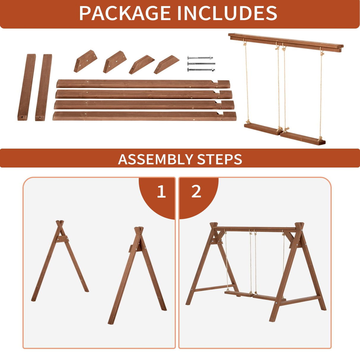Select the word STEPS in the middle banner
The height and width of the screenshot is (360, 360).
click(219, 159)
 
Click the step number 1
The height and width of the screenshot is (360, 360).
click(161, 192)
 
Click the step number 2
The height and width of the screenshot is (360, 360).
click(196, 192)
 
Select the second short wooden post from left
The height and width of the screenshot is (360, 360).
click(44, 87)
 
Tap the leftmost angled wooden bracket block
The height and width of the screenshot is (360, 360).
click(85, 61)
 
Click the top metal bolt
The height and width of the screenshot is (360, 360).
click(200, 58)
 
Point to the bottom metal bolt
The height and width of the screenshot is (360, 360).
click(201, 70)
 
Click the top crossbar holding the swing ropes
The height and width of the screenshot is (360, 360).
click(286, 42)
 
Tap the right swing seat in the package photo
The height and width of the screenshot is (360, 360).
click(302, 138)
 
